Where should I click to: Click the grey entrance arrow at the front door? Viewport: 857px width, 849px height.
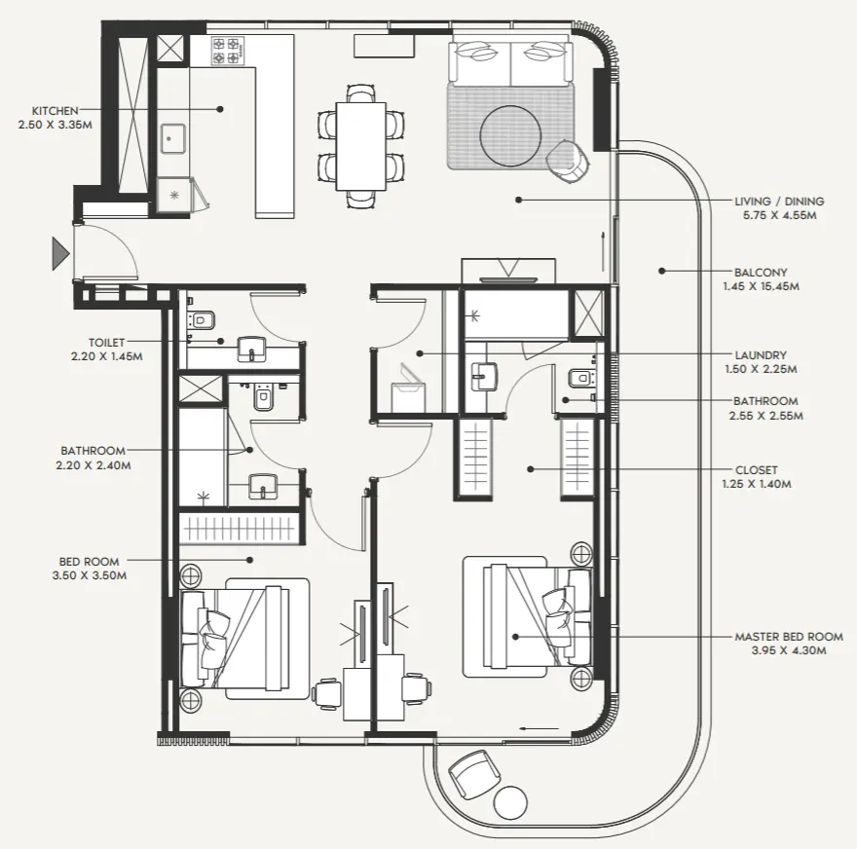pyautogui.click(x=60, y=255)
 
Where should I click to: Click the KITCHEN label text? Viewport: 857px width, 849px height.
pyautogui.click(x=55, y=111)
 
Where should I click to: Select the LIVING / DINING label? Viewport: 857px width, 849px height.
pyautogui.click(x=775, y=202)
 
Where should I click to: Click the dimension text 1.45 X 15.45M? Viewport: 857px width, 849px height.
pyautogui.click(x=762, y=287)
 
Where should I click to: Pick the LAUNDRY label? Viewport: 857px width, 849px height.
pyautogui.click(x=762, y=355)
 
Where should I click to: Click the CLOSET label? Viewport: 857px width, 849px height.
pyautogui.click(x=758, y=469)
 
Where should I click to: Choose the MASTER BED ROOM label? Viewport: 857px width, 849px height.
pyautogui.click(x=789, y=637)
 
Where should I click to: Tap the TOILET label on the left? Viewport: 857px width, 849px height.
pyautogui.click(x=106, y=343)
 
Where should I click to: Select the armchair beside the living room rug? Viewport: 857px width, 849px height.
pyautogui.click(x=567, y=160)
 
